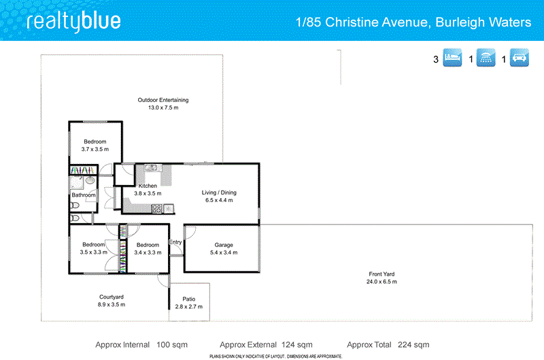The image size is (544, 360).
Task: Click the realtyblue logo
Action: (x=73, y=22)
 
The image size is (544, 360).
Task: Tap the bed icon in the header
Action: (x=453, y=59)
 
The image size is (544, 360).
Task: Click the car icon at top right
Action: (x=520, y=59)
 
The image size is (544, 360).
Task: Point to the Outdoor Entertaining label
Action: (x=163, y=100)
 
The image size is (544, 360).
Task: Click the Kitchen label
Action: (x=148, y=186)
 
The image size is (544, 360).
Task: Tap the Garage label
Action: (x=224, y=244)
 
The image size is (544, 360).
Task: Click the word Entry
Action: (x=175, y=242)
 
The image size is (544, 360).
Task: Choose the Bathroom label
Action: (x=84, y=196)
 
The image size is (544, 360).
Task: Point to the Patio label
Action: (x=189, y=299)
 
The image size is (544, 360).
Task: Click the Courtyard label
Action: (x=112, y=297)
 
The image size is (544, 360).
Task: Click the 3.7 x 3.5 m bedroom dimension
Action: (x=95, y=149)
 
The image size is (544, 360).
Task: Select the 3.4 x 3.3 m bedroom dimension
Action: (x=148, y=252)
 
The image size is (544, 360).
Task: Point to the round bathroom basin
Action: (x=90, y=182)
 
